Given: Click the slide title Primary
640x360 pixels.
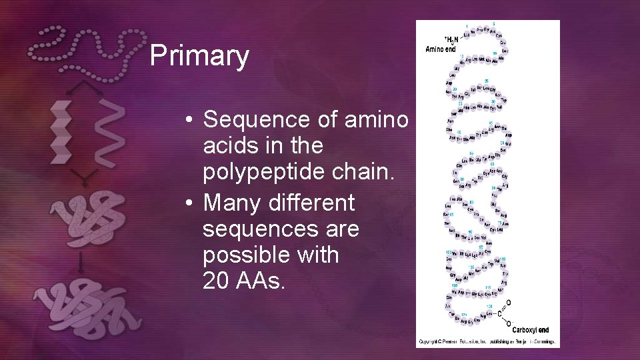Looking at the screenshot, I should click(x=199, y=56).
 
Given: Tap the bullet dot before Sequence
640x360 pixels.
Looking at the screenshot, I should click(x=190, y=121).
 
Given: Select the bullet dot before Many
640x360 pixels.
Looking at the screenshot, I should click(x=190, y=202).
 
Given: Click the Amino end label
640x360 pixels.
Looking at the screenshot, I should click(x=441, y=49).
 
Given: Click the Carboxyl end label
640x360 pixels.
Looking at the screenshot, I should click(x=531, y=329).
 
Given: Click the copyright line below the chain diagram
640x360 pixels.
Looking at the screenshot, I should click(x=487, y=343).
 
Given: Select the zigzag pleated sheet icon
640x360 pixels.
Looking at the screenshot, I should click(x=61, y=132).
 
